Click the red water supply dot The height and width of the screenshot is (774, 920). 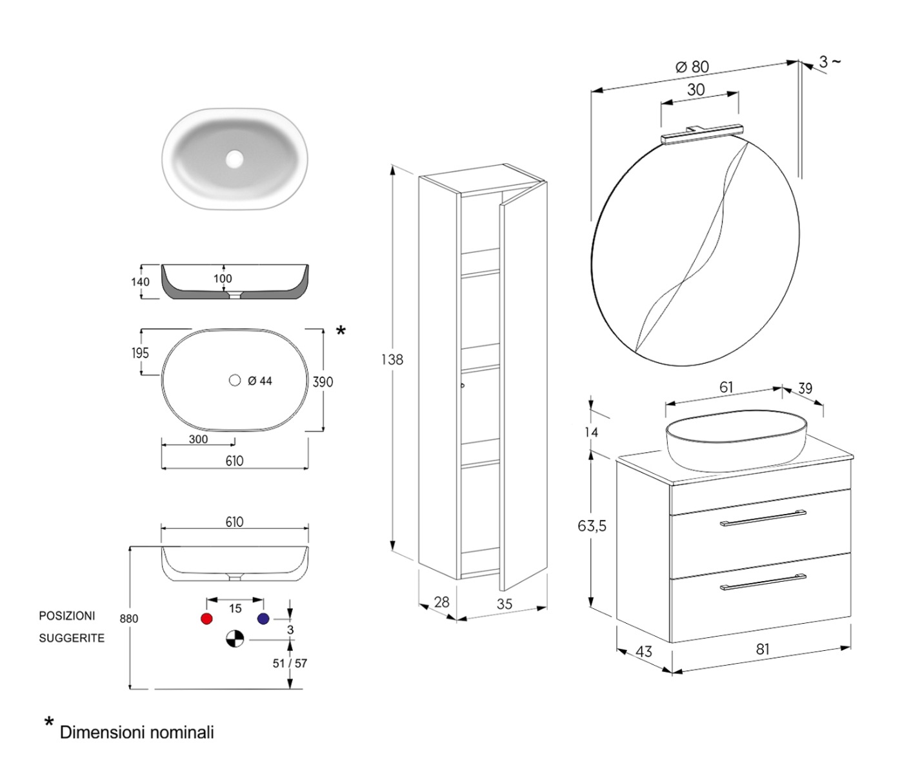(x=206, y=619)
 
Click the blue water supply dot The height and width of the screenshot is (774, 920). (x=263, y=619)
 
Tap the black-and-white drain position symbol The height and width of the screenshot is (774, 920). (x=234, y=639)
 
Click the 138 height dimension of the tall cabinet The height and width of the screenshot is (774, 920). (x=392, y=359)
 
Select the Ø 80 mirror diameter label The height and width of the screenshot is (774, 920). (x=692, y=66)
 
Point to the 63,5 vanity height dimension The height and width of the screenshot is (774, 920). (x=592, y=526)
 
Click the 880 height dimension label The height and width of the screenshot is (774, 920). (x=129, y=619)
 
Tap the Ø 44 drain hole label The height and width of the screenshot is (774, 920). (x=260, y=381)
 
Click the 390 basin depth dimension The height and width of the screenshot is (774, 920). (x=323, y=382)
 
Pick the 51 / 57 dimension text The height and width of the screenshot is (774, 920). (x=290, y=663)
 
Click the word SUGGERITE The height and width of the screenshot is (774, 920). (x=72, y=638)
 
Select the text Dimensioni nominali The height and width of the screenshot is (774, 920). (x=137, y=733)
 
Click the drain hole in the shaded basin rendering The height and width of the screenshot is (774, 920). (x=235, y=157)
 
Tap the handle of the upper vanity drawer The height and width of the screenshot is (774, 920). (x=763, y=518)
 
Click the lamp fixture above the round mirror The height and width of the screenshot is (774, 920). (x=700, y=134)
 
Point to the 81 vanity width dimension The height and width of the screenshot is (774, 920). (x=763, y=649)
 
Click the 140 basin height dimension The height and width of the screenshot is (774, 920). (x=140, y=281)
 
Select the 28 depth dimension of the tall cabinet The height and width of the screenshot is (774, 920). (x=441, y=602)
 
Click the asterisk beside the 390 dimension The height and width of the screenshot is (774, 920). (x=341, y=331)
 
